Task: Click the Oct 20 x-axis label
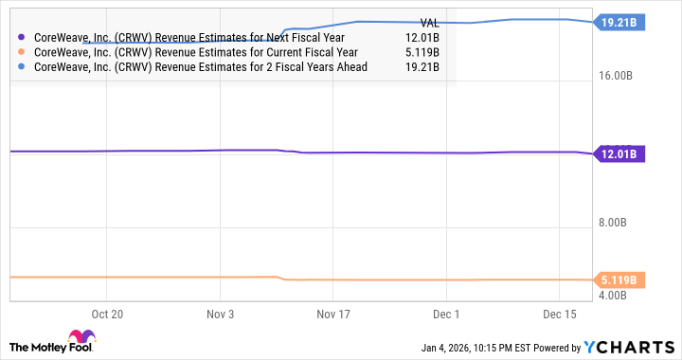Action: click(x=107, y=313)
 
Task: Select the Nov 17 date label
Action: click(x=332, y=313)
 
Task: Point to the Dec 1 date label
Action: click(x=445, y=313)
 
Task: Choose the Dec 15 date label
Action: click(x=560, y=313)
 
